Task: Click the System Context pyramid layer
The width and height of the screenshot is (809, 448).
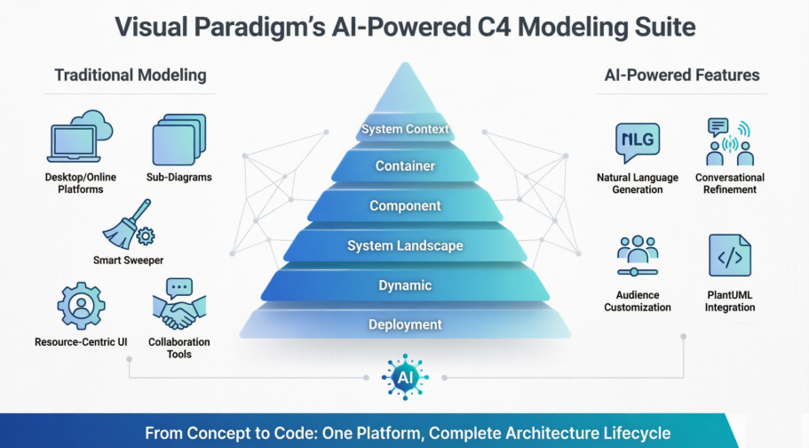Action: tap(405, 129)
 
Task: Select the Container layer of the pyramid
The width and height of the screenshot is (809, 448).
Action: tap(405, 166)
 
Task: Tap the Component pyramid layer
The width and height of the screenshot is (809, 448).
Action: tap(405, 205)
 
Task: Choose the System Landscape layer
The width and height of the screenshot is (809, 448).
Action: tap(405, 245)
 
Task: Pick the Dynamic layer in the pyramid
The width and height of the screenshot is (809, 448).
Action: tap(405, 285)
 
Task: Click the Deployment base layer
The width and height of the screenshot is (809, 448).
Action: tap(405, 324)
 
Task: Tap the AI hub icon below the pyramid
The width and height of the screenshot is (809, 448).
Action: tap(405, 376)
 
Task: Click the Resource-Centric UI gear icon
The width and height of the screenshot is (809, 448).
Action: tap(81, 305)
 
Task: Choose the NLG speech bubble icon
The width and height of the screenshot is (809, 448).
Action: tap(637, 142)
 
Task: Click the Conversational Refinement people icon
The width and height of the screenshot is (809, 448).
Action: tap(729, 142)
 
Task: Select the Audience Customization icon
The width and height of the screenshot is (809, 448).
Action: tap(637, 256)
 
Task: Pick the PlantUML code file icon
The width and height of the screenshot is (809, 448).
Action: tap(729, 256)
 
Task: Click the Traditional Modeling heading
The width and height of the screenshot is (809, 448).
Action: tap(131, 75)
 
